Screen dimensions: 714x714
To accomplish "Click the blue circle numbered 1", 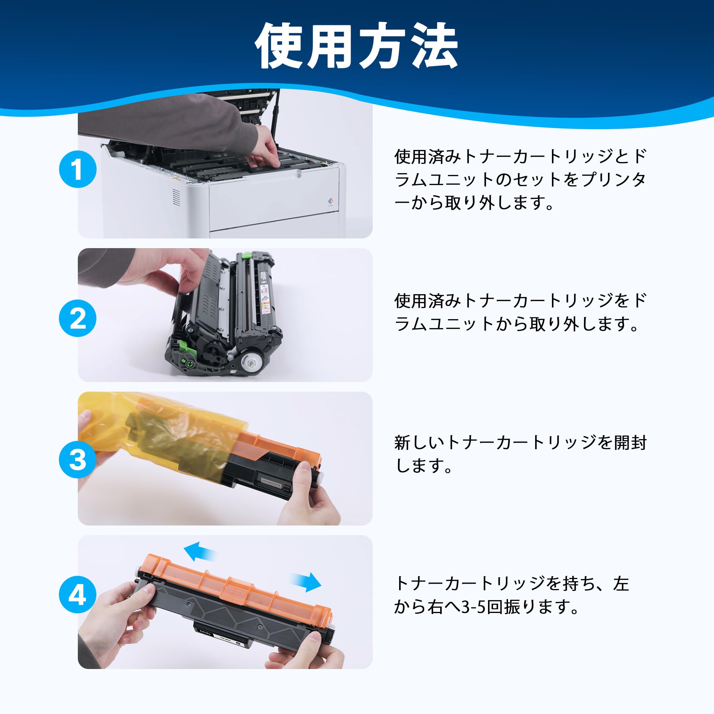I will pyautogui.click(x=77, y=169).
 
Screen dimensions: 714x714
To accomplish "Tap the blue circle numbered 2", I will pyautogui.click(x=77, y=318).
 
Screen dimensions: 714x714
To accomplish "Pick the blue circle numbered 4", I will pyautogui.click(x=77, y=595).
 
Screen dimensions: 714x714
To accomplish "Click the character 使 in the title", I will pyautogui.click(x=282, y=46).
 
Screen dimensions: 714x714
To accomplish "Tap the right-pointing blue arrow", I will pyautogui.click(x=306, y=582).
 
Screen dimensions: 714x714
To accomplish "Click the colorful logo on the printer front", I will pyautogui.click(x=330, y=201).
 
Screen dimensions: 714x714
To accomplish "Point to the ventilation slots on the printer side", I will pyautogui.click(x=177, y=198).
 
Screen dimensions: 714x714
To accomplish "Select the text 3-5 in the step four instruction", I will pyautogui.click(x=474, y=607).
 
